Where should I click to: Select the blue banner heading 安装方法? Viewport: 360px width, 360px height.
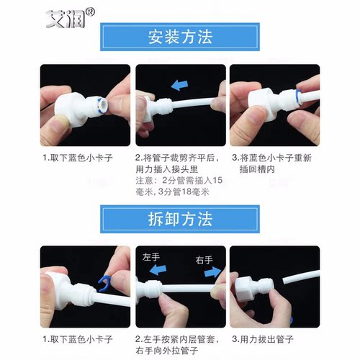(x=179, y=37)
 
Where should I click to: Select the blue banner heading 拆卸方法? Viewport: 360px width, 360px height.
(x=179, y=218)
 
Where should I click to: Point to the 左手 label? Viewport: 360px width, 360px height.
(x=151, y=257)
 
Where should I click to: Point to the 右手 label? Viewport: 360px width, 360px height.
(x=204, y=260)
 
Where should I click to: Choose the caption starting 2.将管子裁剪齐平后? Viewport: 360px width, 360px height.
(x=176, y=163)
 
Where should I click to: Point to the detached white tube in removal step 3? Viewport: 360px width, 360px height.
(x=302, y=281)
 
